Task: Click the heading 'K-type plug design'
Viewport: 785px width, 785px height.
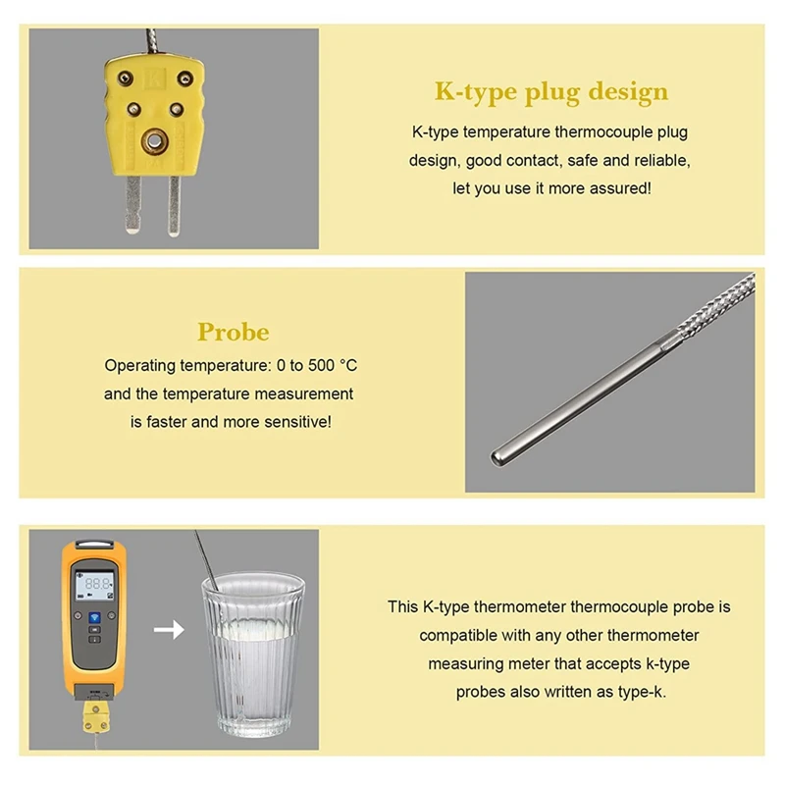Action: (551, 92)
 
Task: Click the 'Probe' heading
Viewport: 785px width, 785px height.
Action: (233, 332)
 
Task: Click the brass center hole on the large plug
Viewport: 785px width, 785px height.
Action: (153, 144)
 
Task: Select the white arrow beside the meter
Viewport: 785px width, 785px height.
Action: (169, 630)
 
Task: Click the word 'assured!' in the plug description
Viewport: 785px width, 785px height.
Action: (619, 187)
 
